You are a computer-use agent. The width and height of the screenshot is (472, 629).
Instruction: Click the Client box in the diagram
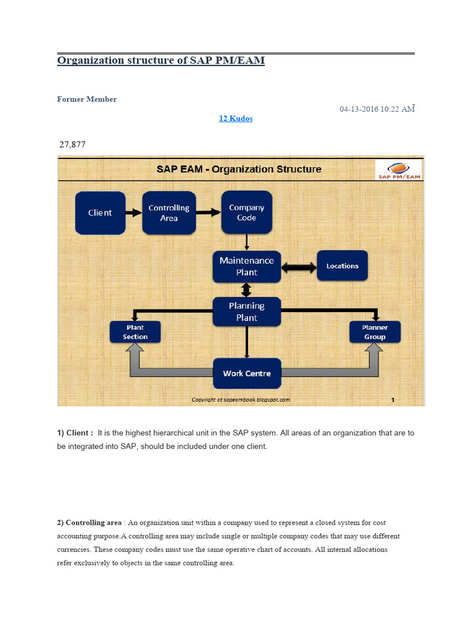[x=100, y=213]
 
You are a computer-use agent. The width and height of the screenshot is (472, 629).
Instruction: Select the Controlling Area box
[x=169, y=213]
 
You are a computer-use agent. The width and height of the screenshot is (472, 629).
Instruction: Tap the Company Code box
[x=246, y=213]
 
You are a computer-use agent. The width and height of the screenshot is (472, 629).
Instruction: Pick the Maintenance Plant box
[x=246, y=267]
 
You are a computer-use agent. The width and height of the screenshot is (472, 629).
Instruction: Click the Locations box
[x=342, y=265]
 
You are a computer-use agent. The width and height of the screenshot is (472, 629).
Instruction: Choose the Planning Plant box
[x=246, y=311]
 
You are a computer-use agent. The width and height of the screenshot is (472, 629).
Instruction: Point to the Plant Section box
[x=135, y=332]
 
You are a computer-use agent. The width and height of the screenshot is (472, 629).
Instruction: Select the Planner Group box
[x=375, y=332]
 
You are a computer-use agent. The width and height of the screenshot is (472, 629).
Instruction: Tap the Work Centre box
[x=246, y=373]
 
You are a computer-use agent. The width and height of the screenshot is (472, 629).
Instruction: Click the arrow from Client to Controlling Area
[x=133, y=213]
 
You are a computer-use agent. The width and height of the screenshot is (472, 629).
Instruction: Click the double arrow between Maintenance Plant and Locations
[x=299, y=266]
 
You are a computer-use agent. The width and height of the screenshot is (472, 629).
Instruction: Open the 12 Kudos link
[x=236, y=119]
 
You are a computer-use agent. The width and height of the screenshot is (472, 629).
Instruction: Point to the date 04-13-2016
[x=359, y=109]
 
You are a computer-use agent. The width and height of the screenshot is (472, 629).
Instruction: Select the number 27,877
[x=72, y=144]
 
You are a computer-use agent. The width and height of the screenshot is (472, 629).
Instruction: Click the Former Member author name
[x=87, y=99]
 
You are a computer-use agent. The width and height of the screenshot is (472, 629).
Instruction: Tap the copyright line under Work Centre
[x=240, y=399]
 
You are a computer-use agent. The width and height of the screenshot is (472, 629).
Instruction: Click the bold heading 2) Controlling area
[x=89, y=523]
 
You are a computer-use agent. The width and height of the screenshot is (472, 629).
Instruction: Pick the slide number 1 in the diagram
[x=392, y=399]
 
